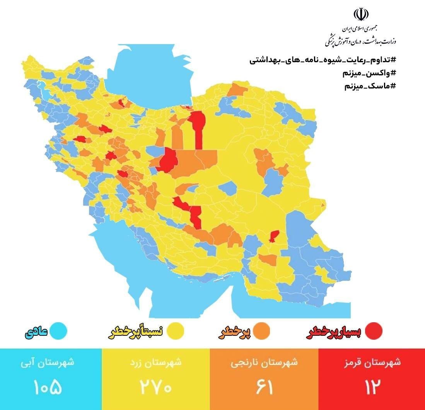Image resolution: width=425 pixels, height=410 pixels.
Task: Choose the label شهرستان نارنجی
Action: point(265,363)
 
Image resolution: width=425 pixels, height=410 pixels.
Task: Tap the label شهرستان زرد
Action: point(156,363)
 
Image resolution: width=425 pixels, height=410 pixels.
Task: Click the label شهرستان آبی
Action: point(48,363)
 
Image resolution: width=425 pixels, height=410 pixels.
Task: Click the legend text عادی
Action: point(37,332)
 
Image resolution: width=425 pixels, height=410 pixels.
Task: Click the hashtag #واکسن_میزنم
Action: point(369,73)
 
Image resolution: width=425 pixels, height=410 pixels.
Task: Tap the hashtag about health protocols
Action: point(323,60)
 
